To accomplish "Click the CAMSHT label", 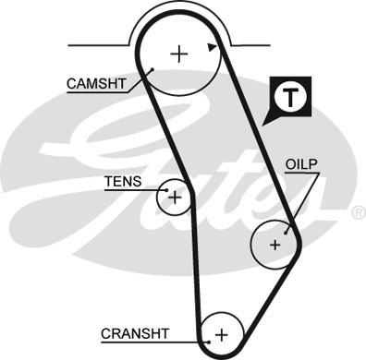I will [94, 83].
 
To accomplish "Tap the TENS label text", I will [124, 182].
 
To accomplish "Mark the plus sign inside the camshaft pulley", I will [178, 54].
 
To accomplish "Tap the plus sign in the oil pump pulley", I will [274, 245].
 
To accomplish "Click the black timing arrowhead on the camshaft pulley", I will [213, 45].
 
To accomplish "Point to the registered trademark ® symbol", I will [358, 212].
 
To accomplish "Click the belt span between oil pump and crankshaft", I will [263, 295].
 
